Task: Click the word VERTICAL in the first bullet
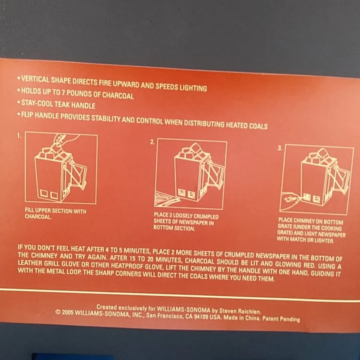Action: point(35,80)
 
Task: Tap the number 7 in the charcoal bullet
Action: point(63,93)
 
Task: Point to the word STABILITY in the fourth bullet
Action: point(105,118)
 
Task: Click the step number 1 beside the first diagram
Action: point(19,136)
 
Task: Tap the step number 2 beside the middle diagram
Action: point(152,142)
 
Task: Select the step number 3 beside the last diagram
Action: point(279,148)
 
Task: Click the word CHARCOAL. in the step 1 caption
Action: point(38,217)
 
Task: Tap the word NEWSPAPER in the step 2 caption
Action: point(196,223)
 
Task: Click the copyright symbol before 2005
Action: point(58,312)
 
